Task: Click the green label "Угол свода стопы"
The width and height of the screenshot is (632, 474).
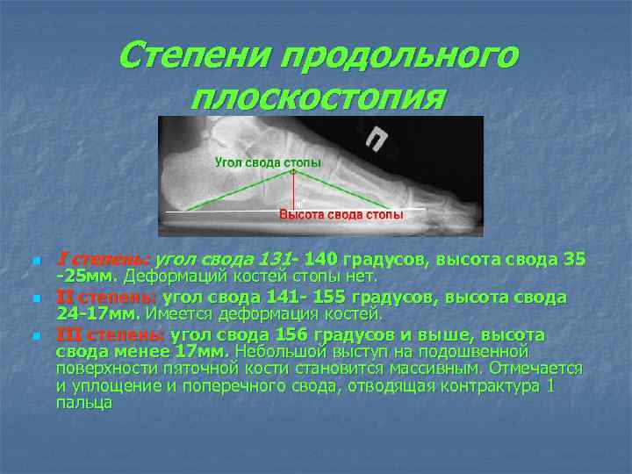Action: [x=268, y=163]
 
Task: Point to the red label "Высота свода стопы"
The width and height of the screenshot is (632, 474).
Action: [x=341, y=215]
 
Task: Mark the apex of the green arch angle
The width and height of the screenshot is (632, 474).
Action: [x=293, y=172]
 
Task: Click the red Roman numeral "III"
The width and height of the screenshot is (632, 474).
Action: [x=69, y=335]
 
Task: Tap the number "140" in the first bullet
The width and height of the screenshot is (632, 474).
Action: [x=321, y=260]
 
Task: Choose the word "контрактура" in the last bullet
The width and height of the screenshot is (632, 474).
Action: [x=492, y=386]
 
